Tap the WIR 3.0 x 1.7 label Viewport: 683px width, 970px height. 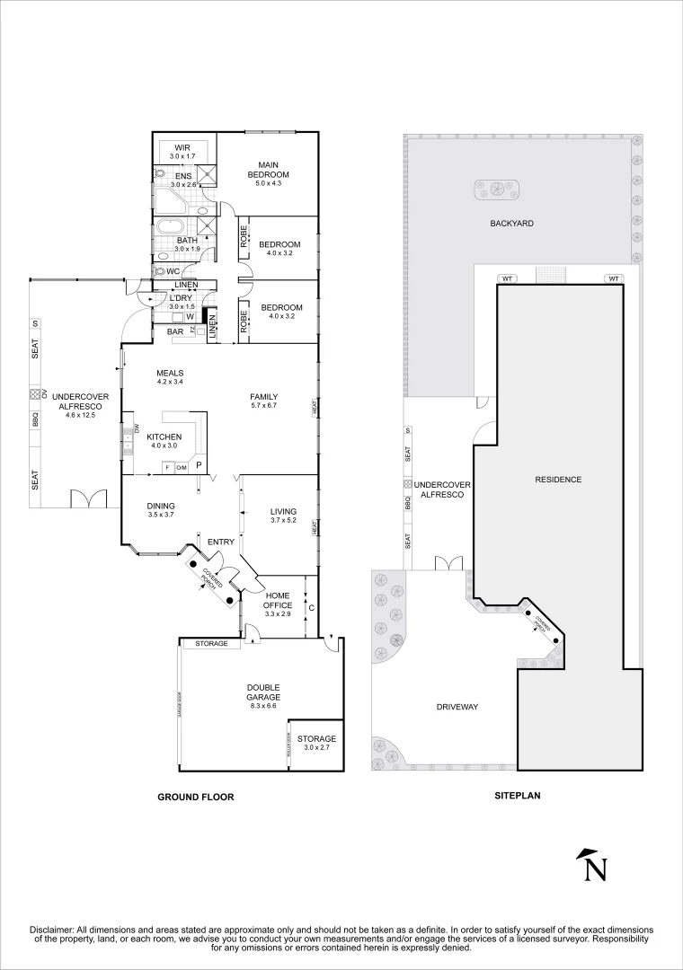coord(182,152)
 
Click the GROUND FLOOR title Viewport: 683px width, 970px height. coord(195,797)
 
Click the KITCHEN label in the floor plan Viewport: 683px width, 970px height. coord(164,436)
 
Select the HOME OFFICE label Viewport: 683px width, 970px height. coord(277,600)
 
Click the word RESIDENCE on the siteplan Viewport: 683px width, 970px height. coord(558,480)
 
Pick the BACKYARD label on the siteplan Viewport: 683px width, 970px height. coord(513,223)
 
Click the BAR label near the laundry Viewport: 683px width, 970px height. coord(175,331)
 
